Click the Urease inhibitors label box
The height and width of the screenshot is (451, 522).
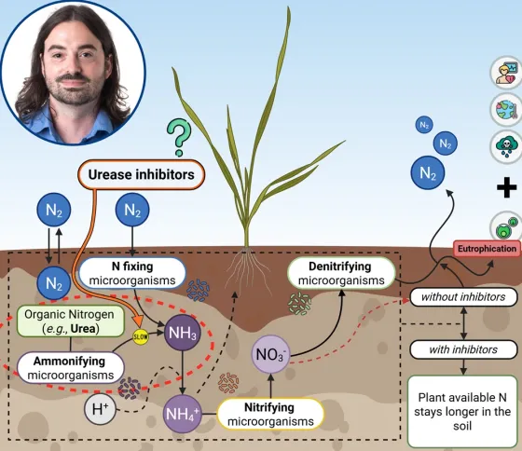pyautogui.click(x=141, y=175)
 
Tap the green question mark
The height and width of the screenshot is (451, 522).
pyautogui.click(x=179, y=138)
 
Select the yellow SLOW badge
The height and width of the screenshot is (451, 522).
pyautogui.click(x=141, y=336)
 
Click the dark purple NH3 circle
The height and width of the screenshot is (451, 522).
pyautogui.click(x=183, y=333)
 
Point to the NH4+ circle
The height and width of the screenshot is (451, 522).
pyautogui.click(x=183, y=414)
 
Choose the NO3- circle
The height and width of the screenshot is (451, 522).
pyautogui.click(x=270, y=354)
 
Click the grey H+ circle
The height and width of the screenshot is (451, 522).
pyautogui.click(x=100, y=408)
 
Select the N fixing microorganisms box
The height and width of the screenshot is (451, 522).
pyautogui.click(x=132, y=273)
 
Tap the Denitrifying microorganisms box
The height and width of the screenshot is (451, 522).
pyautogui.click(x=341, y=273)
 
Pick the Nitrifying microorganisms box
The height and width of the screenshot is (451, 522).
pyautogui.click(x=270, y=415)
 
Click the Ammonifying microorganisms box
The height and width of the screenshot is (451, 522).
pyautogui.click(x=71, y=368)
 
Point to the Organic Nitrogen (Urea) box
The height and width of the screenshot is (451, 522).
pyautogui.click(x=71, y=321)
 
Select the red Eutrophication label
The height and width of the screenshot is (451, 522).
pyautogui.click(x=487, y=249)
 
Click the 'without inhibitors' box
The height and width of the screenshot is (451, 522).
pyautogui.click(x=463, y=297)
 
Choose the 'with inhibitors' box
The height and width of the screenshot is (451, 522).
pyautogui.click(x=463, y=349)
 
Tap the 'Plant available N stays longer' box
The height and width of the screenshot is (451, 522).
pyautogui.click(x=462, y=412)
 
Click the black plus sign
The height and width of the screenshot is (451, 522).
pyautogui.click(x=507, y=187)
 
